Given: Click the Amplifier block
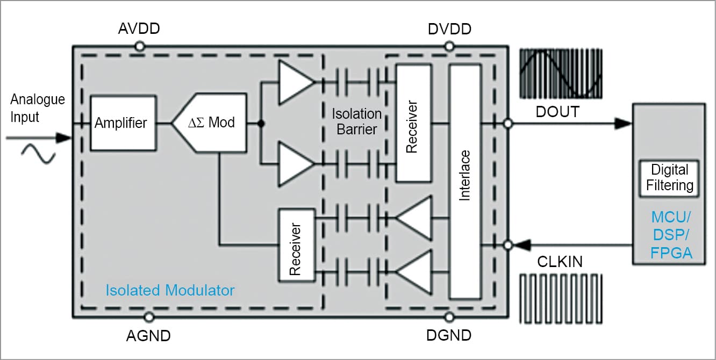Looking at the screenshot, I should (x=120, y=123).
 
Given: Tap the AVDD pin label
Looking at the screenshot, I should (x=139, y=29).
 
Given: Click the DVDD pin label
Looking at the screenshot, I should (x=449, y=29).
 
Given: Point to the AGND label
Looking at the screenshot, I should (x=148, y=336).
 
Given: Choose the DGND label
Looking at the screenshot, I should (x=449, y=336).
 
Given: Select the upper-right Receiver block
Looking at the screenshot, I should (x=413, y=123).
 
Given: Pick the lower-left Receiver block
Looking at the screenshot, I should (x=296, y=245).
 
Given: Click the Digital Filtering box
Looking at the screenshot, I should (x=669, y=177).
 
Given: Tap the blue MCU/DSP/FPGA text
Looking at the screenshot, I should (x=671, y=235).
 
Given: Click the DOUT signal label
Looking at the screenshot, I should (x=557, y=112).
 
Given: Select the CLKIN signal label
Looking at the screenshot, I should (x=560, y=262).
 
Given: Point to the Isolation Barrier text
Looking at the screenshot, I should (x=356, y=121).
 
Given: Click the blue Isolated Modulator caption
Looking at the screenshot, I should (x=170, y=291).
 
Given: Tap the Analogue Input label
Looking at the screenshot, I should (x=38, y=107).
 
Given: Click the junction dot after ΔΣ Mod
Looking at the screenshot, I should (x=261, y=124).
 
